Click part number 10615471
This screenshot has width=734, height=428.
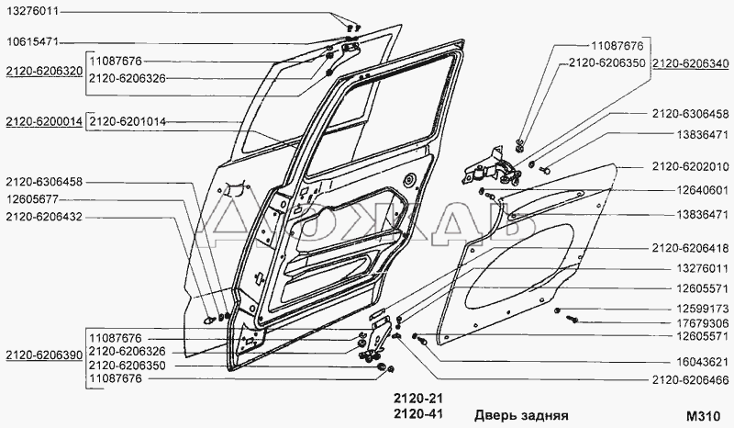coord(33,42)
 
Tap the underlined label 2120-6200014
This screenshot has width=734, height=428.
coord(43,122)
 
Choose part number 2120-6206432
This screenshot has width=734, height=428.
coord(43,216)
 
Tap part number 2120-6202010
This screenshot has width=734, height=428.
coord(690,166)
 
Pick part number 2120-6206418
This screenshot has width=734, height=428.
coord(690,248)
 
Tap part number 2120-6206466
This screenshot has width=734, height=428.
coord(690,378)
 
